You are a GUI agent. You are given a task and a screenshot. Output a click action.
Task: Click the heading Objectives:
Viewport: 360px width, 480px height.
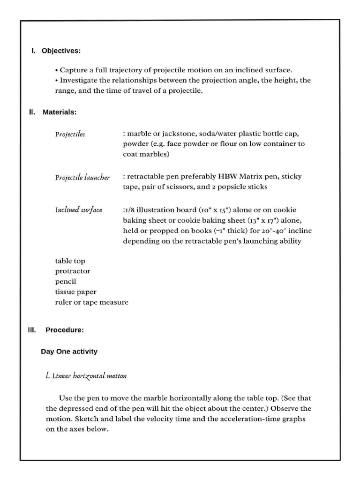click(61, 51)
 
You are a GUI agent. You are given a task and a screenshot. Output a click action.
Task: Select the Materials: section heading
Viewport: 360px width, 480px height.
click(60, 112)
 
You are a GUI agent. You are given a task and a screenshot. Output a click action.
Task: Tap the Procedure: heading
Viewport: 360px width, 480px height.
click(65, 330)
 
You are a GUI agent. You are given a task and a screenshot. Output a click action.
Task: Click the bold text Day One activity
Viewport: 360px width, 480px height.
click(69, 352)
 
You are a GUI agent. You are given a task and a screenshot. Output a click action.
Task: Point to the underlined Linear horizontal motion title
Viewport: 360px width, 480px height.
click(86, 376)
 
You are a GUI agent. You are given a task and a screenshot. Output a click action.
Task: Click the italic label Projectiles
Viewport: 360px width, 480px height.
click(70, 134)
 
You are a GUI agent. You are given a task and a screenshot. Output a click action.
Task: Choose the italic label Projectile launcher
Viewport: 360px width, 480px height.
click(82, 177)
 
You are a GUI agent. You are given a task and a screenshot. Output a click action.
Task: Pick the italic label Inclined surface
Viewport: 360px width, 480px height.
click(78, 210)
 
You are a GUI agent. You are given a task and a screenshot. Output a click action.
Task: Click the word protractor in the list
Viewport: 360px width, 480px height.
click(73, 271)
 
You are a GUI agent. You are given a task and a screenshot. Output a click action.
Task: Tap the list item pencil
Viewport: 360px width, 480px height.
click(66, 282)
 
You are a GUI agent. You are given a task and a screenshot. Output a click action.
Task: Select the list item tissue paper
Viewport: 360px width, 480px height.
click(75, 292)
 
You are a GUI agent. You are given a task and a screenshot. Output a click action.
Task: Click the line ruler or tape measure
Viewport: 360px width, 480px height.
click(91, 302)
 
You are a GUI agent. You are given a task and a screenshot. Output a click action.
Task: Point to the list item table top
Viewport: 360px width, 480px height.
click(70, 261)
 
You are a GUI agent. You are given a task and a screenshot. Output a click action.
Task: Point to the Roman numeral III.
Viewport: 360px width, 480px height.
click(32, 330)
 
